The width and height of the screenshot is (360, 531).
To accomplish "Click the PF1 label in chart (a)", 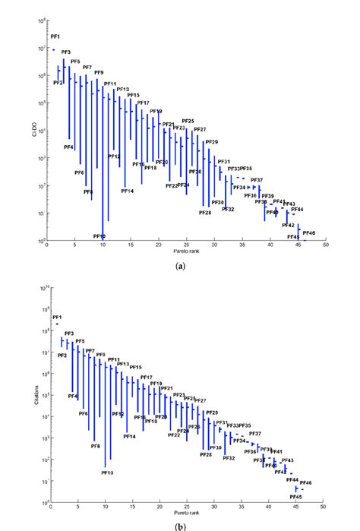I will (55, 36).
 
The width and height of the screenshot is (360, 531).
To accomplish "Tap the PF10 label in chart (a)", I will (99, 236).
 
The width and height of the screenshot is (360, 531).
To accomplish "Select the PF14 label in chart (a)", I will (127, 191).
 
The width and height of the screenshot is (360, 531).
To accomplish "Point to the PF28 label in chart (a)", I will (205, 213).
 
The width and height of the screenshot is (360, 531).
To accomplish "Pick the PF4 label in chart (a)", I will (68, 147).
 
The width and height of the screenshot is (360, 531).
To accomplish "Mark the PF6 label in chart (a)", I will (79, 173).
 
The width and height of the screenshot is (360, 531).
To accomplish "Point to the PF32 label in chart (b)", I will (229, 458).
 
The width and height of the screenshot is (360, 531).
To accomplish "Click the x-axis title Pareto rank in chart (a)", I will (187, 250).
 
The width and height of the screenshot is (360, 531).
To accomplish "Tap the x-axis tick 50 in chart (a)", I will (326, 245).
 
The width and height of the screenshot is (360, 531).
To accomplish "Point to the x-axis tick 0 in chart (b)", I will (49, 504).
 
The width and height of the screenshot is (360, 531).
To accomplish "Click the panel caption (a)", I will (180, 267).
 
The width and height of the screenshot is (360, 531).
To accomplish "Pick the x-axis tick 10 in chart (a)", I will (103, 245).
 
